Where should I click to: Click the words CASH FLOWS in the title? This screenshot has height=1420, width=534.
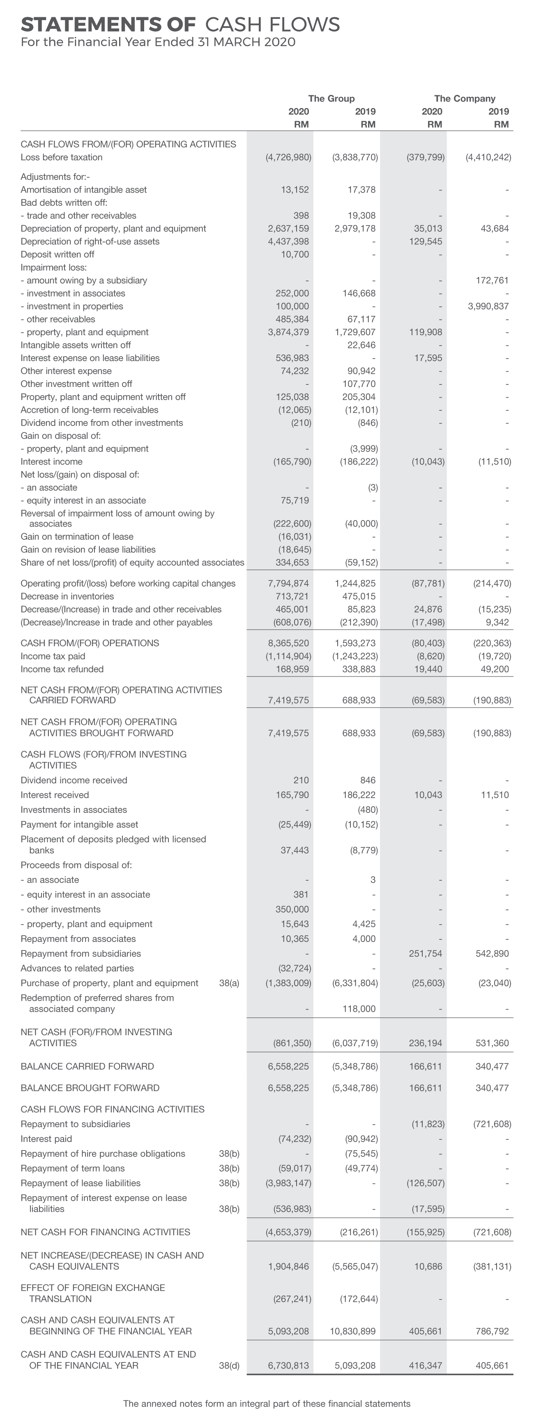272,24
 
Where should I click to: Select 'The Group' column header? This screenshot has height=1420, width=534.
331,99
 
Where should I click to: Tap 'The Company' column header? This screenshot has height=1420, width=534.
465,99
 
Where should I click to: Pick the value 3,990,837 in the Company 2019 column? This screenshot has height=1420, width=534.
488,306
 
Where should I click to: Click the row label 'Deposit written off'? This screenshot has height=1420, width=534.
58,254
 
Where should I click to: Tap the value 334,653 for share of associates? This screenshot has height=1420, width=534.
292,562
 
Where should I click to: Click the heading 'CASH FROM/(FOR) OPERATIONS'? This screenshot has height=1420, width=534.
90,643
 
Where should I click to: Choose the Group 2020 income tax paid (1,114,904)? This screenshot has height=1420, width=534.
288,656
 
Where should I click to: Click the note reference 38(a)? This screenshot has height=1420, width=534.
229,983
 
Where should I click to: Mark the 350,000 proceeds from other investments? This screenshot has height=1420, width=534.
292,909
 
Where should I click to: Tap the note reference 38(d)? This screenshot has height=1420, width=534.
229,1365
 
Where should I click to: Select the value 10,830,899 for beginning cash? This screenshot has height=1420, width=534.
353,1331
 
